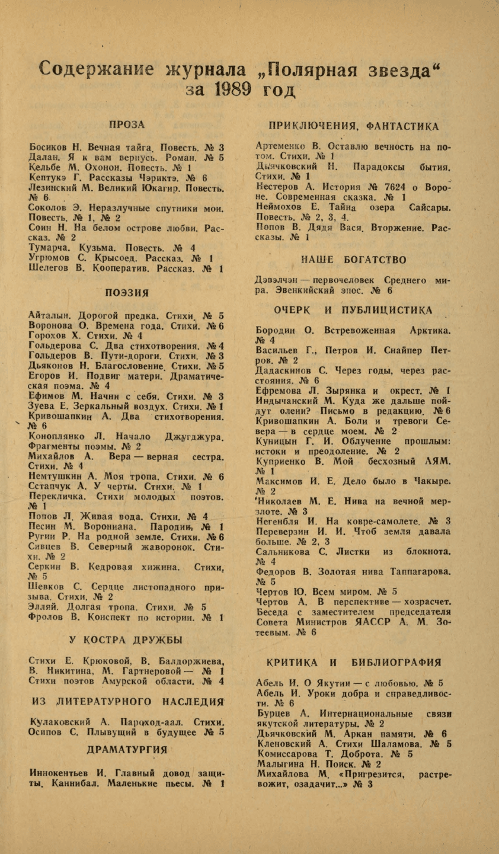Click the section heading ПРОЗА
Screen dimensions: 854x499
127,124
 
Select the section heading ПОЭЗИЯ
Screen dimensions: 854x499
127,292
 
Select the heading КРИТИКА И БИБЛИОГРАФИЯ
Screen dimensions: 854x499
354,662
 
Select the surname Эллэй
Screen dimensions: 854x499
44,607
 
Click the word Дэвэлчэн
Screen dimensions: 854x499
281,280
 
